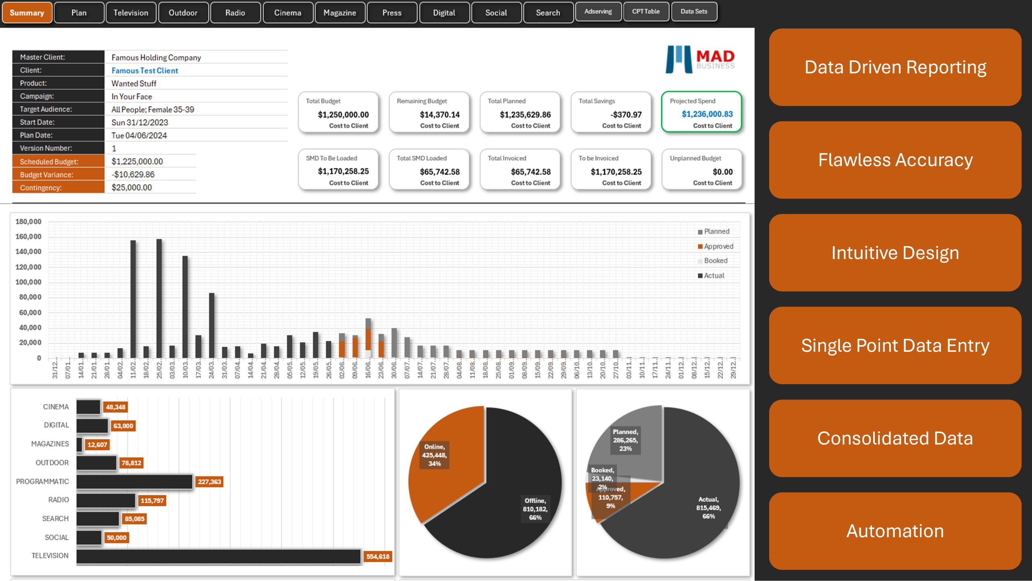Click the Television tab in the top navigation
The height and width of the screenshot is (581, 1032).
[131, 13]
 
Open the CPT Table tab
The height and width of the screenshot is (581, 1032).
[646, 12]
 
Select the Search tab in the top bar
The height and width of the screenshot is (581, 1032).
[548, 13]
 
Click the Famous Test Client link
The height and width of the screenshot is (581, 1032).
[145, 71]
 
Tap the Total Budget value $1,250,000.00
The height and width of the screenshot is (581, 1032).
[343, 115]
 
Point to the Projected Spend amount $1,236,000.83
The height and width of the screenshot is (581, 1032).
[707, 114]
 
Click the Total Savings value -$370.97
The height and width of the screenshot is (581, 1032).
[626, 115]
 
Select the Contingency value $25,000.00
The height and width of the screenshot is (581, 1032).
[132, 188]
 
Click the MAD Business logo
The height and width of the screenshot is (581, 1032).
[700, 60]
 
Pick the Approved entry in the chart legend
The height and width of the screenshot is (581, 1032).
[718, 247]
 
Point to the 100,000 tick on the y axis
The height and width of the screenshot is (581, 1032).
[28, 282]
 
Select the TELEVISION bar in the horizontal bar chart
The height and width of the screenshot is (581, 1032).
[218, 556]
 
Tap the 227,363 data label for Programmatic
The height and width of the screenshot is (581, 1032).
[209, 482]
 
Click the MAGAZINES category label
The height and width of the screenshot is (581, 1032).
[50, 444]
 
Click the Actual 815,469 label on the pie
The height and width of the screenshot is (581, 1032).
[708, 508]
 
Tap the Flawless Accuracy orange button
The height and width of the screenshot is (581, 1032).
[895, 160]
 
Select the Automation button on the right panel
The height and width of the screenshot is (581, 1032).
[895, 531]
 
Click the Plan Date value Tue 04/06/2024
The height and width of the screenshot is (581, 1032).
[139, 136]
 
